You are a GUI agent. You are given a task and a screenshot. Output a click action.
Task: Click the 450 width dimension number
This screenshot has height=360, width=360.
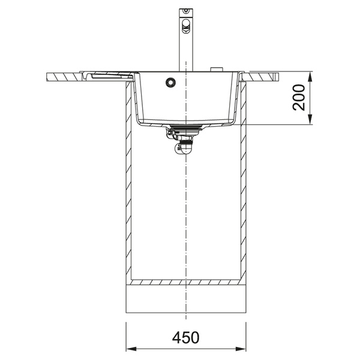point(186,338)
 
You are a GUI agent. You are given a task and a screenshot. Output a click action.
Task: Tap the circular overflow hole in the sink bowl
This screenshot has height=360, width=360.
point(171,82)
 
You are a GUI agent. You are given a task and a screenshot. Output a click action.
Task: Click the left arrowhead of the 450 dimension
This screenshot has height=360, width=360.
point(129,348)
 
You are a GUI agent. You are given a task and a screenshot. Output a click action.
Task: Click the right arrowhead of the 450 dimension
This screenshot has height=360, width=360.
point(243,348)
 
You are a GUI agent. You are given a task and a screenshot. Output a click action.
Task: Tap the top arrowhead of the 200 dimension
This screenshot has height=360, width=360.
point(310,76)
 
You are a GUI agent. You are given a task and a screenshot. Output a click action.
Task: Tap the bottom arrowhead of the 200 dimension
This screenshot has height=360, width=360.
point(310,121)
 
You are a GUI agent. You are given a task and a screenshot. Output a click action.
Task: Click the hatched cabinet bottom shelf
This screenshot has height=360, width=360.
point(186,281)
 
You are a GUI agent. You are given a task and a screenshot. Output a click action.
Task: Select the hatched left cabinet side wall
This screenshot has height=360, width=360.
point(128,180)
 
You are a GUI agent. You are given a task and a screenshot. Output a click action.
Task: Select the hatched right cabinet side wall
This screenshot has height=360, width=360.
point(243,180)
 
